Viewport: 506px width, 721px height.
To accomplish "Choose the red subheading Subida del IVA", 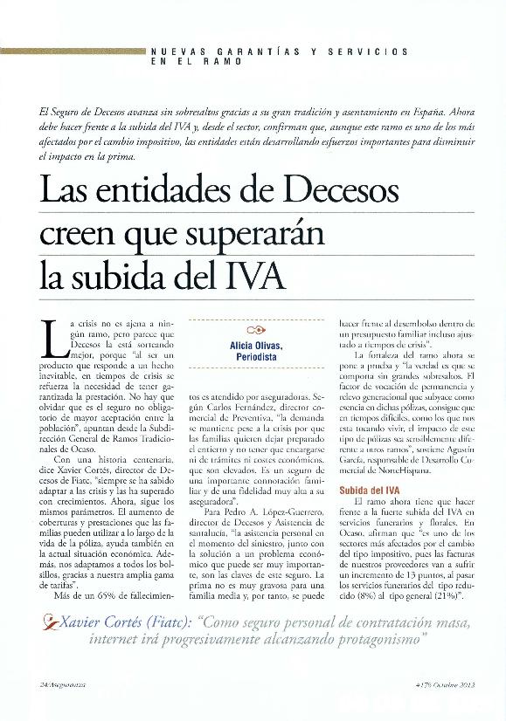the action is pyautogui.click(x=370, y=491).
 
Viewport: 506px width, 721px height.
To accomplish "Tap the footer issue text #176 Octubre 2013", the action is pyautogui.click(x=447, y=683).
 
